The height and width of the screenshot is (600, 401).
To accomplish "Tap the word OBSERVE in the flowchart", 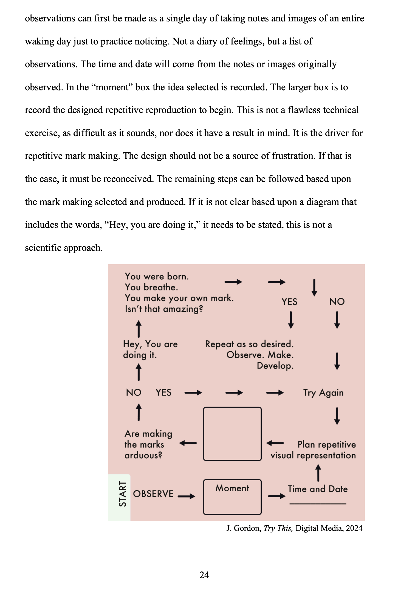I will [x=153, y=494].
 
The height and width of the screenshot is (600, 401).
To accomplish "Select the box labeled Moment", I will [x=232, y=497].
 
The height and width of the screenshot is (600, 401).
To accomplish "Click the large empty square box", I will [x=232, y=434].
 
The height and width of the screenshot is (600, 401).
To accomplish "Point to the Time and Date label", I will [x=318, y=489].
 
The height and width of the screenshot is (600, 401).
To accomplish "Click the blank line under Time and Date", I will [x=318, y=503].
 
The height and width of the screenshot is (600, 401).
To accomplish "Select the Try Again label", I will [x=323, y=393].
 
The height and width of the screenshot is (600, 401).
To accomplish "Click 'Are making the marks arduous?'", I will [x=148, y=444].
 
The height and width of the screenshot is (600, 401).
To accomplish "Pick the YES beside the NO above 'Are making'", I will [x=163, y=392].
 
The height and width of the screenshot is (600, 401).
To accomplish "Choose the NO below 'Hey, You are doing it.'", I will [x=134, y=392].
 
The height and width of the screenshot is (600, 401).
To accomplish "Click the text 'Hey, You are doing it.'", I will [x=150, y=349].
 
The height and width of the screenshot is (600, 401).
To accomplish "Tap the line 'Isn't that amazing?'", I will [x=164, y=309].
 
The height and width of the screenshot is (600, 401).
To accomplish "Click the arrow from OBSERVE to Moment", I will [x=187, y=496].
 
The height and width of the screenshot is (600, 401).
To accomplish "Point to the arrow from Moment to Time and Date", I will [x=276, y=496].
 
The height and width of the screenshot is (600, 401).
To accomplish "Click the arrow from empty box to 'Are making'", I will [x=188, y=443].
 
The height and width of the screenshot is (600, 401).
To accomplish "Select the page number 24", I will [x=204, y=575].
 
